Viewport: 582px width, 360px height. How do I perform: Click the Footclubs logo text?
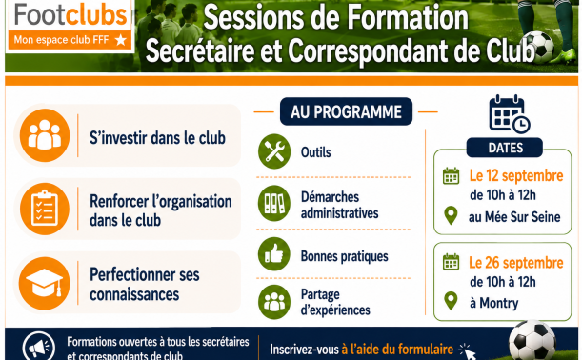[70, 15]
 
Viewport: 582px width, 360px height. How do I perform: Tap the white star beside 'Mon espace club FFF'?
[121, 40]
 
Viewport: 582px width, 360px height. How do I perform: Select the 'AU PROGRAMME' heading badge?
[346, 111]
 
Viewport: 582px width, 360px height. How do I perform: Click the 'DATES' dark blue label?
[505, 148]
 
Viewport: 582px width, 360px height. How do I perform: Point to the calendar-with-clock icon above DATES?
[509, 114]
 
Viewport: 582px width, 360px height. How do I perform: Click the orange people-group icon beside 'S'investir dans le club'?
[45, 135]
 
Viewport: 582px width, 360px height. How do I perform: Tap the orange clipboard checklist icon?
[45, 209]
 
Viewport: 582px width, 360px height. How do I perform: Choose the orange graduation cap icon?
[45, 283]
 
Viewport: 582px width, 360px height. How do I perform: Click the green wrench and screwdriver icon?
[274, 151]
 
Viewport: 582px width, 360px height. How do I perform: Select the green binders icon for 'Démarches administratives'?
[274, 203]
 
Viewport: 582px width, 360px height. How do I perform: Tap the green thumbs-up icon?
[274, 254]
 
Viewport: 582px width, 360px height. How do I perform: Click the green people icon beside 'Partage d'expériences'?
[274, 302]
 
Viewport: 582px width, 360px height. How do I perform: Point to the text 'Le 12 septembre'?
[516, 176]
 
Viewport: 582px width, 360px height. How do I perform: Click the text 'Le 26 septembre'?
[516, 263]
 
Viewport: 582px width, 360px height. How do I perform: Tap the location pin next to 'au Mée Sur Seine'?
[451, 215]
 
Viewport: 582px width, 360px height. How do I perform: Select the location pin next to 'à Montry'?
[451, 301]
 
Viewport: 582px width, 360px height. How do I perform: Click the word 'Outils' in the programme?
[316, 152]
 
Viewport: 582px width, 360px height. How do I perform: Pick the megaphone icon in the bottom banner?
[39, 348]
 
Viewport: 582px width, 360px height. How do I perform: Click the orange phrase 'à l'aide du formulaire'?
[397, 350]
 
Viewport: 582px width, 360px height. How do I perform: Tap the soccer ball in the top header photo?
[540, 47]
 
